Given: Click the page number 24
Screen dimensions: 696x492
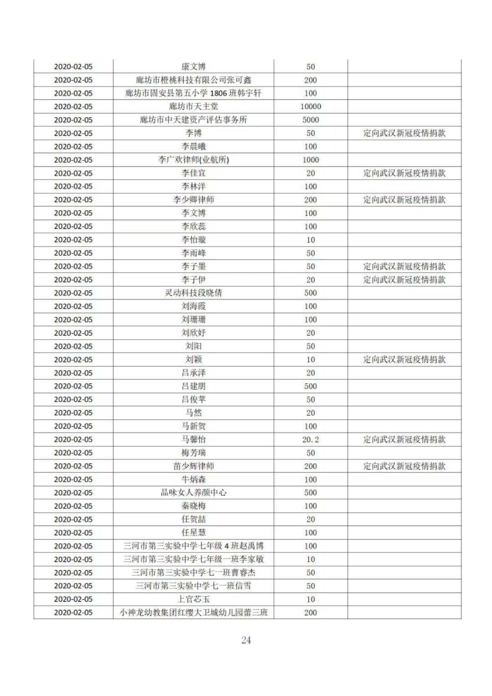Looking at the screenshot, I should coord(246,640).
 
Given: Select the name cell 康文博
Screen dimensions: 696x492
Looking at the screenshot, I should coord(194,67).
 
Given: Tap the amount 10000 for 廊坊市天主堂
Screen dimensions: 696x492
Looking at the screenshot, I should coord(311,107).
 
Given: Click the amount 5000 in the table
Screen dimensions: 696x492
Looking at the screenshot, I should coord(311,120).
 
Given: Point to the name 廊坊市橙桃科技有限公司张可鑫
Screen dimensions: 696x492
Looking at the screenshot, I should coord(194,80).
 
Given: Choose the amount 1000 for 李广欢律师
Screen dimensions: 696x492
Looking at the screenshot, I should coord(311,160).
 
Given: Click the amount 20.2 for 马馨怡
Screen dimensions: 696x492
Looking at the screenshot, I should coord(311,439).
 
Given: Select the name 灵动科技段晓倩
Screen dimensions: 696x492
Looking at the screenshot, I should coord(194,293).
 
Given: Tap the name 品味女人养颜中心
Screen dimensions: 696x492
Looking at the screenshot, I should coord(194,493).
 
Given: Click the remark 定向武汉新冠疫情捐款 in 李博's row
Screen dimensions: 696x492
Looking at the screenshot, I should coord(404,133).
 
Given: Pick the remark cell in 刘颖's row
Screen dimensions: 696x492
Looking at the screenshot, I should coord(404,360).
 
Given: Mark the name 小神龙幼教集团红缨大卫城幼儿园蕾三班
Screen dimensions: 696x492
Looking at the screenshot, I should coord(194,613).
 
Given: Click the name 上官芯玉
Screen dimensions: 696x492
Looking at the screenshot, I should coord(194,599).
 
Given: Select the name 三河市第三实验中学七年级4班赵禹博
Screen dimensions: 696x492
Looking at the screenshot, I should coord(194,546).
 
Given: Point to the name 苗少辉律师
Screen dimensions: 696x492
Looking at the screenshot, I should coord(194,466).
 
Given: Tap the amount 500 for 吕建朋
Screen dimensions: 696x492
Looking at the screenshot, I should coord(311,386).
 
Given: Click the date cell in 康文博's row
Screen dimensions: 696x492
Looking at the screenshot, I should coord(73,67).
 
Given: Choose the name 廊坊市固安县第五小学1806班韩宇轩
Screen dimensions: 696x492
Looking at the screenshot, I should coord(194,93).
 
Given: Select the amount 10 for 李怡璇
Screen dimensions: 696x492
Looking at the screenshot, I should coord(311,240).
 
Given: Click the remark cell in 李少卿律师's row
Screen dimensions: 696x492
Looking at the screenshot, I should coord(404,200).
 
